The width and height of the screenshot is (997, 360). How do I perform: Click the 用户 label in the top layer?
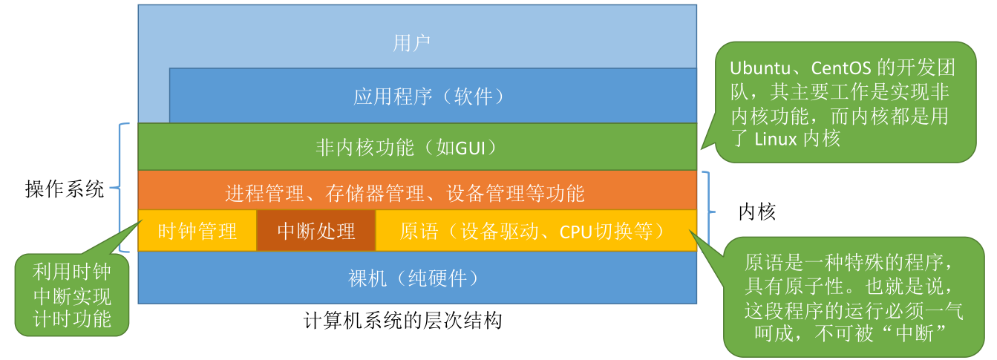point(411,43)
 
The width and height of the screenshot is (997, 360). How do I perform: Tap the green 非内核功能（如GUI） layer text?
point(406,147)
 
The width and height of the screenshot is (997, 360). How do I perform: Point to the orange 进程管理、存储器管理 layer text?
point(405,193)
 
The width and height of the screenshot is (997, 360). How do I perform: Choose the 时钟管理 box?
point(197,231)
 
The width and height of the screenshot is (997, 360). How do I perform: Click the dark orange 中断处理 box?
point(316,231)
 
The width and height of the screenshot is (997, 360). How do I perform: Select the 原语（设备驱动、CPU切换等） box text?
point(533,232)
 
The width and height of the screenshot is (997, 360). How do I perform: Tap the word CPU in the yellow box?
point(577,232)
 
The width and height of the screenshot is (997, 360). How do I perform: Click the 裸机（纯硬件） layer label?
point(414,278)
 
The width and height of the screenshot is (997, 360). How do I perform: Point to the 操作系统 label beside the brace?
point(65,189)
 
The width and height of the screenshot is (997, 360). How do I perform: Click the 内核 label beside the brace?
point(756,212)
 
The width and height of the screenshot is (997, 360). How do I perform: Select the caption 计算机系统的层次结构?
point(403,321)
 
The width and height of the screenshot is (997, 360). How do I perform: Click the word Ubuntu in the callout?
point(759,68)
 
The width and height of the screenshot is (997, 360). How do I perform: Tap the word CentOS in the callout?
point(841,68)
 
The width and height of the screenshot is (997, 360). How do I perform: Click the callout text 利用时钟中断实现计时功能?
point(72,295)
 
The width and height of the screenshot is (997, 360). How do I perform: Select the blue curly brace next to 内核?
point(708,212)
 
